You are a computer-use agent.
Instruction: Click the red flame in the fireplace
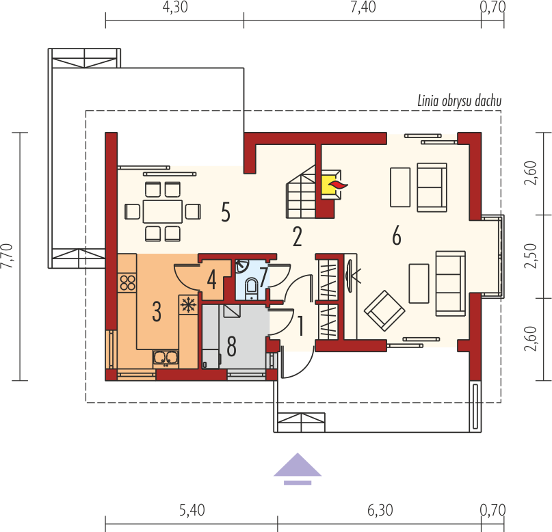coord(338,185)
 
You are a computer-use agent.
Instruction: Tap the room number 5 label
coord(226,212)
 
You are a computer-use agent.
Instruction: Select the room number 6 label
coord(397,235)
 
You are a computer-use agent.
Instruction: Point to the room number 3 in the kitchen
coord(157,311)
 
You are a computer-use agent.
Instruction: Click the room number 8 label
coord(231,346)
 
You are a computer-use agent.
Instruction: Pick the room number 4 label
coord(211,280)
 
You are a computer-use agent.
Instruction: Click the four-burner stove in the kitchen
coord(127,282)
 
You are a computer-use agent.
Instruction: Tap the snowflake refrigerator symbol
coord(188,304)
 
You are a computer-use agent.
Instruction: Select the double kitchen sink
coord(166,358)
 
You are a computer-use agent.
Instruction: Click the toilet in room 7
coord(252,288)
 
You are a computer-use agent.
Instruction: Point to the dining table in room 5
coord(163,211)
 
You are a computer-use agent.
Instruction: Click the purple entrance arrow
coord(298,468)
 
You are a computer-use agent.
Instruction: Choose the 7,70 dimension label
coord(8,256)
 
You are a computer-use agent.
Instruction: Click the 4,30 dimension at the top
coord(175,7)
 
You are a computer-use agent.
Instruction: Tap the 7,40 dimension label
coord(363,7)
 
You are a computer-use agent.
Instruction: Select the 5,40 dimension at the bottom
coord(192,510)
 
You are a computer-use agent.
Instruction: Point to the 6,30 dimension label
coord(380,510)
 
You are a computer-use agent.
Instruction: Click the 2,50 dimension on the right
coord(531,256)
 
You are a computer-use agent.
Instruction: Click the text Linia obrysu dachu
coord(460,101)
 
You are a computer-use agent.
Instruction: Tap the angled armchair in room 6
coord(384,310)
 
